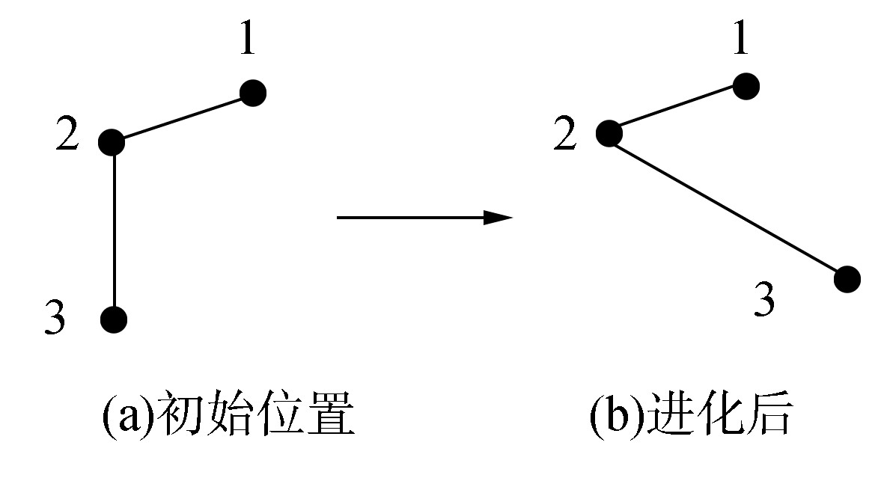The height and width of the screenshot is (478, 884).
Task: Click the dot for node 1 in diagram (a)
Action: coord(253,94)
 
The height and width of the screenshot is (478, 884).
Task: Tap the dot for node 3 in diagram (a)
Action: coord(114,319)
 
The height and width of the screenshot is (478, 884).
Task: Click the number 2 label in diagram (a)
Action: coord(67,138)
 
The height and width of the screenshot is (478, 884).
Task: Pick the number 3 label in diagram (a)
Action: coord(56,318)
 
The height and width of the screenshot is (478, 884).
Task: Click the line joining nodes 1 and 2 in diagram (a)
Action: coord(183,117)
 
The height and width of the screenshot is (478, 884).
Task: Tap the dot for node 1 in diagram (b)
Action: coord(746,86)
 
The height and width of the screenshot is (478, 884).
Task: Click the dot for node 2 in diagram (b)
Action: coord(609,134)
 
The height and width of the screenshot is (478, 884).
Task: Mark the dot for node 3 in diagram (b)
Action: coord(847,279)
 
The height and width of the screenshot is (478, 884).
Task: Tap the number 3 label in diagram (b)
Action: coord(763,300)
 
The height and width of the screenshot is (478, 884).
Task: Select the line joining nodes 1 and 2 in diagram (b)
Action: coord(677,110)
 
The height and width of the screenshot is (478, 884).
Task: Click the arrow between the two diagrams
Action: coord(424,218)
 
